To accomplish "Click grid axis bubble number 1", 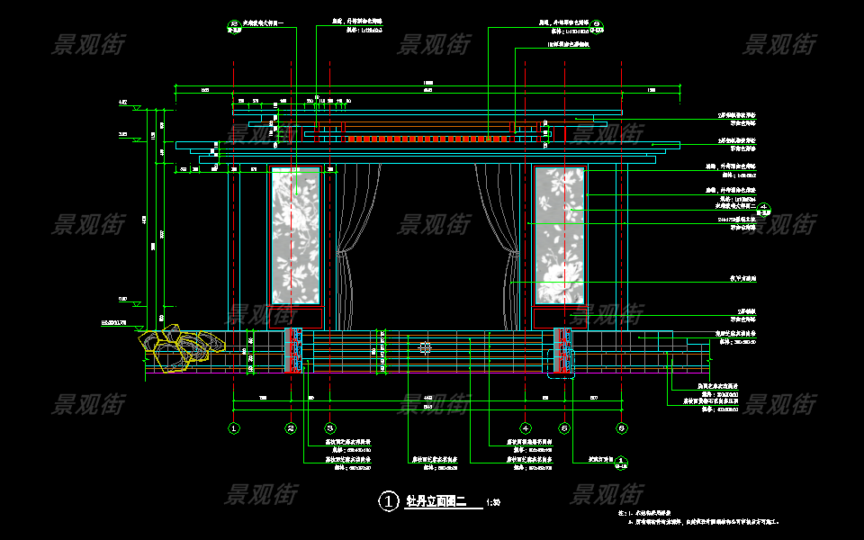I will coord(234,428).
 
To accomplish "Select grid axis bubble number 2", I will coord(291,428).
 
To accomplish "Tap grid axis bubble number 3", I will coord(330,428).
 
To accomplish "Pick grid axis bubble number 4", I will coord(526,428).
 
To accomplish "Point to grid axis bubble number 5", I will coord(564,428).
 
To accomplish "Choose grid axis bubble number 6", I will coord(621,428).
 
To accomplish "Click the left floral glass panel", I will coord(295,236).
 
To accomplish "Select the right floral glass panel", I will coord(560,236).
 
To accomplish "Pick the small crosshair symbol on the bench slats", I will coord(426,347).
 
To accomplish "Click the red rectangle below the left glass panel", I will coord(295,317).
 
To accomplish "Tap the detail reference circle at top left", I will coord(234,23).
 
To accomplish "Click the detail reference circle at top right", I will coord(598,23).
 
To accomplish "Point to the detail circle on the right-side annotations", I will coord(763,208).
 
